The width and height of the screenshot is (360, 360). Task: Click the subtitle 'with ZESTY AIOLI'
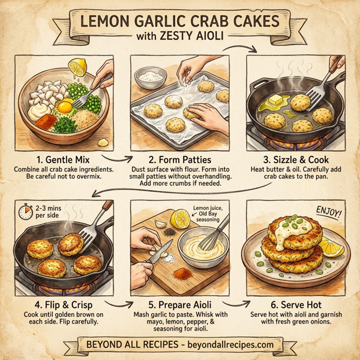(x=180, y=37)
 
